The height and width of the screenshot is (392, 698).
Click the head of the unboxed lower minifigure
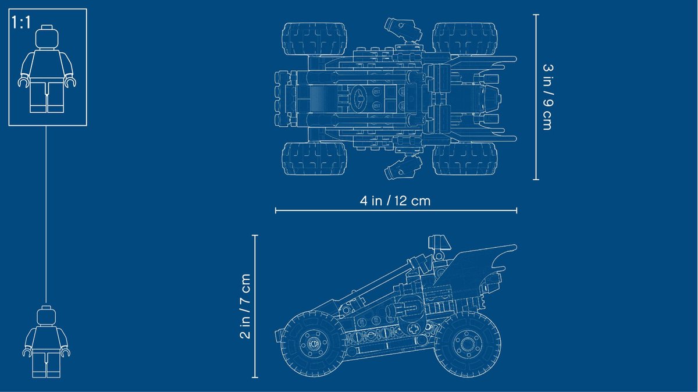point(47,317)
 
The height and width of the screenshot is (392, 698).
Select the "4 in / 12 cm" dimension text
point(396,201)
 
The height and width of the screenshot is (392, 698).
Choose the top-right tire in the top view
point(465,39)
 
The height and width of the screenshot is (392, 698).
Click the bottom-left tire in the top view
point(314,158)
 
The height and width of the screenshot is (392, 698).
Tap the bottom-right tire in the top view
point(465,158)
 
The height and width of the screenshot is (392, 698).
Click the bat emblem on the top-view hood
point(359,98)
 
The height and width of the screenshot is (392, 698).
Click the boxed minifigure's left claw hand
point(23,83)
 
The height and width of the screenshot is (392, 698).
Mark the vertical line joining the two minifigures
point(47,215)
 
